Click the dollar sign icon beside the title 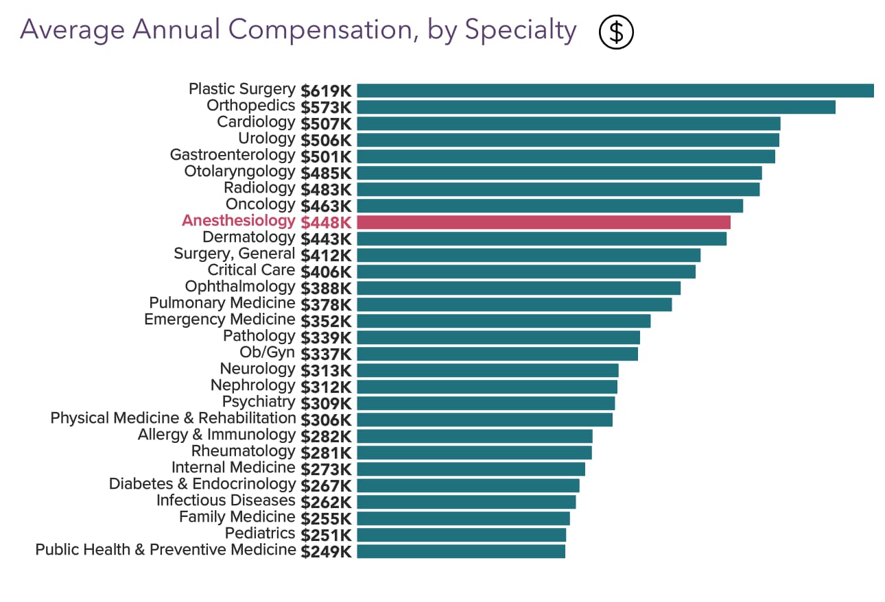tap(616, 32)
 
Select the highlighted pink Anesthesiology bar tap(543, 222)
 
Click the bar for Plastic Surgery tap(615, 91)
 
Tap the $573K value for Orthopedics tap(326, 107)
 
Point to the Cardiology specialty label tap(256, 122)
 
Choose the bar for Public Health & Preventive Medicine tap(461, 551)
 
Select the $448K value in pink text tap(326, 222)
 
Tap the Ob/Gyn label tap(267, 352)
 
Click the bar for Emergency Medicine tap(504, 321)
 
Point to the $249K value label tap(326, 551)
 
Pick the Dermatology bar tap(541, 239)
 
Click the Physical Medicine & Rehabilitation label tap(173, 418)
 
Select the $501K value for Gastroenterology tap(326, 156)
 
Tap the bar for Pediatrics tap(461, 535)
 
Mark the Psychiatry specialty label tap(258, 402)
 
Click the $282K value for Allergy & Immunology tap(326, 436)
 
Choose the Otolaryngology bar tap(559, 173)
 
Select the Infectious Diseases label tap(226, 501)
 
